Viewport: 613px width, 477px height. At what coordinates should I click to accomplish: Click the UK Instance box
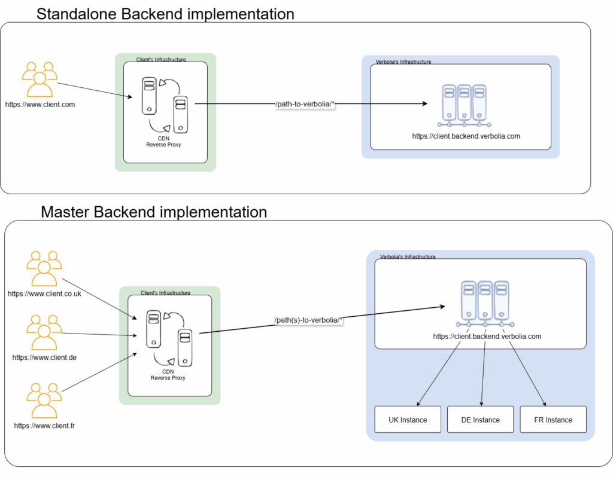(x=408, y=420)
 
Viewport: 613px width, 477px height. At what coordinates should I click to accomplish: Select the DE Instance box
(x=481, y=420)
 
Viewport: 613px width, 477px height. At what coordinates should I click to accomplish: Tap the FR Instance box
(x=553, y=420)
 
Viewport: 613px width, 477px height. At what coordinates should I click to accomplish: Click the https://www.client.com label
(x=40, y=105)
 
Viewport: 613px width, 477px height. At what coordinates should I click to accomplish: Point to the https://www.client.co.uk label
(x=44, y=293)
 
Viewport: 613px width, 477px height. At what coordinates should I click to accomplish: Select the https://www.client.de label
(x=44, y=357)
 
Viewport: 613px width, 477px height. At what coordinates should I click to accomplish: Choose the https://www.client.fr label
(x=44, y=426)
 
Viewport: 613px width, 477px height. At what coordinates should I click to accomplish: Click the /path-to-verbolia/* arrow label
(x=305, y=104)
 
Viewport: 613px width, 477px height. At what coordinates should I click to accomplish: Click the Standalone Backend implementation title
(x=165, y=14)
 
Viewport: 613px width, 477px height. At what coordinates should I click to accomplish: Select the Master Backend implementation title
(x=154, y=212)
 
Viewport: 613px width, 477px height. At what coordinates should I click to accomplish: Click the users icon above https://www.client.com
(x=40, y=78)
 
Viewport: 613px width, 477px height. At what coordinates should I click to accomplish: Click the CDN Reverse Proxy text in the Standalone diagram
(x=163, y=141)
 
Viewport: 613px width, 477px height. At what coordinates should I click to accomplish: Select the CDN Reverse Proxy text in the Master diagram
(x=168, y=375)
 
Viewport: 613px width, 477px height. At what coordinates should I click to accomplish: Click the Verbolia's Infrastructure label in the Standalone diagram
(x=403, y=62)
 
